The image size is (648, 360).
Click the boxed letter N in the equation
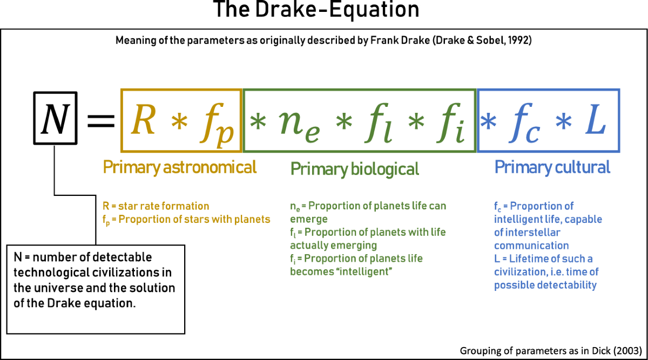click(55, 119)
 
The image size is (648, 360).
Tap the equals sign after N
click(101, 120)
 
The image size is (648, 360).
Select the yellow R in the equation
click(143, 119)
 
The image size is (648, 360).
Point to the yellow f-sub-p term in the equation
click(217, 123)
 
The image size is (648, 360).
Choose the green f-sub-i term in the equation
click(451, 123)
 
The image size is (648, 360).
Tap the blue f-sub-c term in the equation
click(524, 123)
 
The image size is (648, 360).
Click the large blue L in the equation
click(595, 119)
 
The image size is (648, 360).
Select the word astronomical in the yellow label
click(210, 167)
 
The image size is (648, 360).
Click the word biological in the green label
click(385, 169)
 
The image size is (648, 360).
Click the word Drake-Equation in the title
click(337, 9)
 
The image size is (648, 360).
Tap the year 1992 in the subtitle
click(520, 40)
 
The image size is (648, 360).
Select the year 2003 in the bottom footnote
click(627, 351)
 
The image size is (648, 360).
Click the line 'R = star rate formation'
click(156, 206)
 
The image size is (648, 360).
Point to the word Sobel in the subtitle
click(490, 40)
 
